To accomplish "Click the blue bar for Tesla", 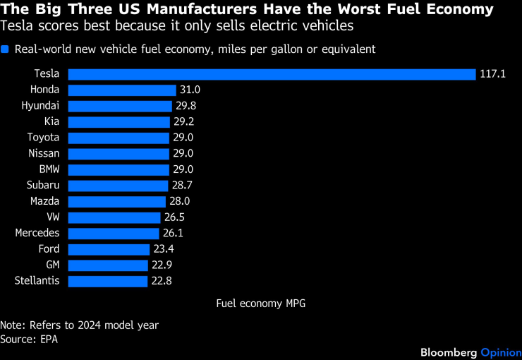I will coord(272,74).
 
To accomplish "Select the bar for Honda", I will coord(122,90).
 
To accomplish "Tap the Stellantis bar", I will coord(109,281).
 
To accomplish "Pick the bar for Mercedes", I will coord(114,233).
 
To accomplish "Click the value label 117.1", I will coord(493,74).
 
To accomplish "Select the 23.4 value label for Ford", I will coord(164,249).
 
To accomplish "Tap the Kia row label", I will coord(51,122).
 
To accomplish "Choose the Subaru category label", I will coord(43,186).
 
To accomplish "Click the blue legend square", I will coord(5,49).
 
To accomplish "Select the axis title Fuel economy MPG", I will coord(260,304).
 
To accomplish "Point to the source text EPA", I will coord(48,340).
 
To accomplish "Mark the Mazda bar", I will coord(118,201).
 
